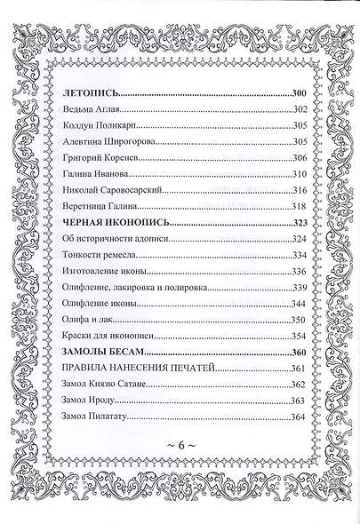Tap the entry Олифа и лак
pyautogui.click(x=92, y=321)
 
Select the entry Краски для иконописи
pyautogui.click(x=112, y=337)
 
